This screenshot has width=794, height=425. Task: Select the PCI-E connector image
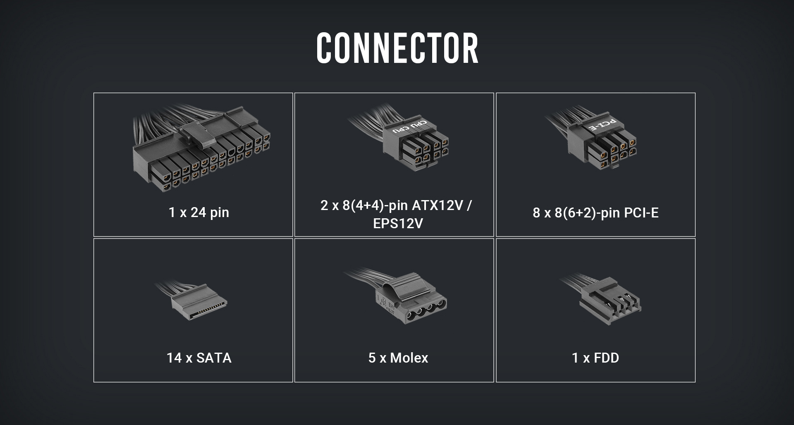coord(600,143)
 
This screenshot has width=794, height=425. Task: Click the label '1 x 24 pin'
coord(198,212)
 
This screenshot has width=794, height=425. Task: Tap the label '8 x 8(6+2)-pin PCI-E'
coord(595,212)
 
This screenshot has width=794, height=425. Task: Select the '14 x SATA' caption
coord(199,358)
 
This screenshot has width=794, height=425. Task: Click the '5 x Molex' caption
coord(398,358)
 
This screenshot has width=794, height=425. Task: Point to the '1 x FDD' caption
coord(595,358)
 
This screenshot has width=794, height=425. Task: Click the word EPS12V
coord(398,224)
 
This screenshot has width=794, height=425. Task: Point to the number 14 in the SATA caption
coord(174,358)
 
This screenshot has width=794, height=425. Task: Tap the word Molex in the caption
coord(409,358)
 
